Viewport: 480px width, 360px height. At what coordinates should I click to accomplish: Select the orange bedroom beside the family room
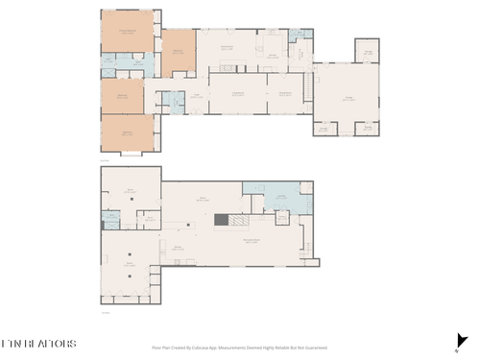click(179, 52)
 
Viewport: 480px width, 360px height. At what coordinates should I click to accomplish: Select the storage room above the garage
click(366, 50)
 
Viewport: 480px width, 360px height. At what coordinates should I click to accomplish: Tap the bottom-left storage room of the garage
click(325, 128)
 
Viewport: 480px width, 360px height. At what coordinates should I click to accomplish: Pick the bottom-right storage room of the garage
click(366, 128)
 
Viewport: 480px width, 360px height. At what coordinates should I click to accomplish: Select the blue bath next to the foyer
click(176, 102)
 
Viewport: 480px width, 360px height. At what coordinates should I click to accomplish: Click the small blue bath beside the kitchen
click(300, 36)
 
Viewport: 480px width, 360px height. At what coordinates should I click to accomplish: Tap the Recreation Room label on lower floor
click(252, 241)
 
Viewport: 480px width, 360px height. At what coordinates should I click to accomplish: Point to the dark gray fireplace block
click(220, 220)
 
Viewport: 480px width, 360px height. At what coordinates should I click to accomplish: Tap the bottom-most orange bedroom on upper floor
click(128, 132)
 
